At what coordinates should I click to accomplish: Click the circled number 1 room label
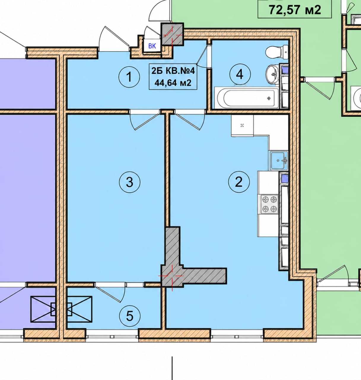129,77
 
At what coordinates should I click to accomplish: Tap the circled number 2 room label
239,182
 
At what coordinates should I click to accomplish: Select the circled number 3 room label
129,182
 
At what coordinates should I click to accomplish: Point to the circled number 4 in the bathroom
240,75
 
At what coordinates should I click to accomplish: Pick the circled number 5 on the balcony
130,316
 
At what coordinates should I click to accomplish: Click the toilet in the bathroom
277,52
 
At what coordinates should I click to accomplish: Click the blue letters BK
152,46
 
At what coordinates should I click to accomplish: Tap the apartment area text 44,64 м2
173,83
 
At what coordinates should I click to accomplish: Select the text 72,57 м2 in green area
295,10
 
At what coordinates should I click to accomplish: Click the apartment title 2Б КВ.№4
173,71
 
